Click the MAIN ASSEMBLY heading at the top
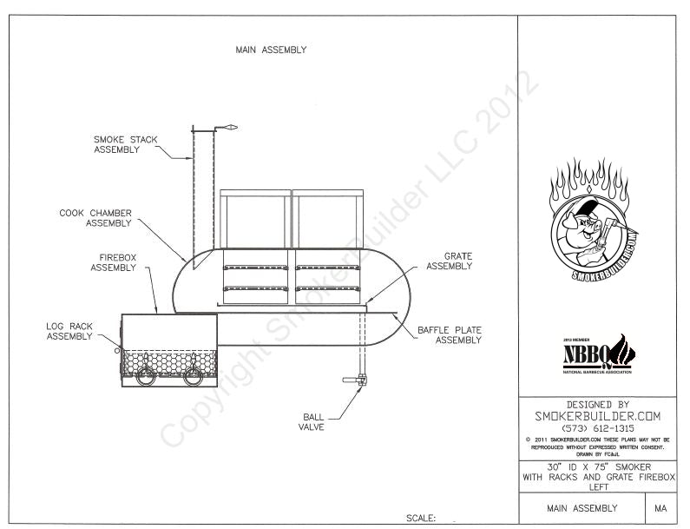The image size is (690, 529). click(x=271, y=50)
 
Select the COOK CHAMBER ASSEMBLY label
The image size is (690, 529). click(x=95, y=217)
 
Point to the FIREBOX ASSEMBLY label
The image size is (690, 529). click(x=113, y=262)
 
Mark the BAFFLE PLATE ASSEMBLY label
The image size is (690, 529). click(x=450, y=335)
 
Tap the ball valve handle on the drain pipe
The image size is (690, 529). click(x=354, y=380)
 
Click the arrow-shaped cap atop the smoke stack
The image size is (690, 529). click(x=227, y=129)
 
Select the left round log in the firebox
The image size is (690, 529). click(x=146, y=374)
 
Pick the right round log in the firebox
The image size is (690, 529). click(x=192, y=374)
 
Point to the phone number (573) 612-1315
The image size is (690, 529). click(x=598, y=428)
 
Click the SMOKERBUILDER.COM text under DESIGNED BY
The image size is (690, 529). click(x=598, y=416)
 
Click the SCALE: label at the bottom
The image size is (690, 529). click(x=420, y=519)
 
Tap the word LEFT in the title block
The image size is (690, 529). click(x=598, y=487)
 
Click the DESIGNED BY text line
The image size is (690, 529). click(x=598, y=404)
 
